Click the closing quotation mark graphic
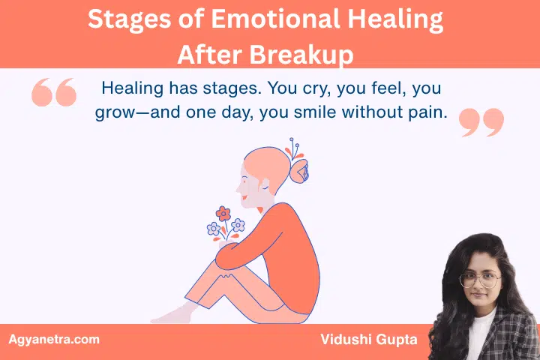pos(481,122)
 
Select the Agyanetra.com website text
pos(53,340)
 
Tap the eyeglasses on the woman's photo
pos(480,280)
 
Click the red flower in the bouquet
pos(222,213)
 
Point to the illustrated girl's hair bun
pos(300,172)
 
